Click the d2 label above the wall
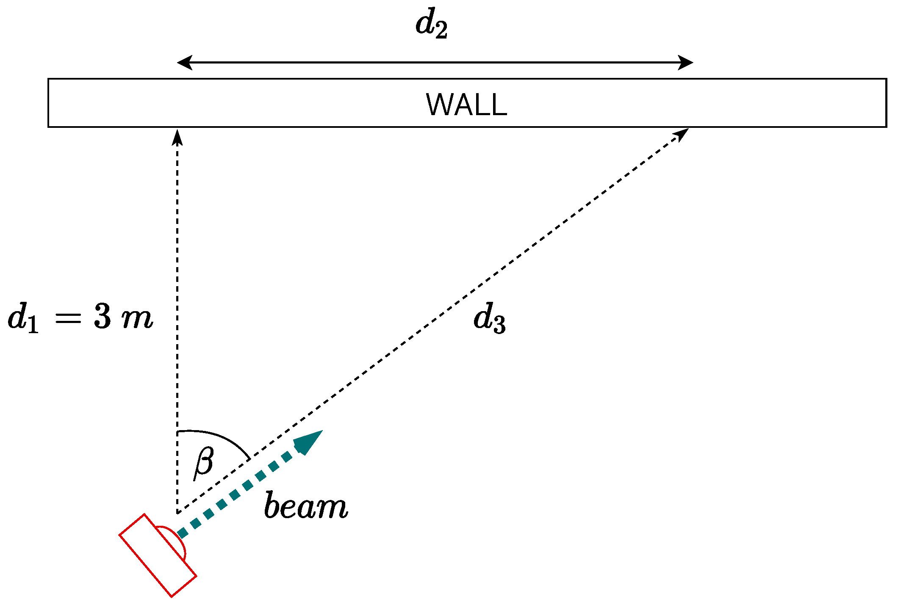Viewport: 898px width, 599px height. [x=431, y=25]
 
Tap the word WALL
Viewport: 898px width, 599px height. [x=466, y=104]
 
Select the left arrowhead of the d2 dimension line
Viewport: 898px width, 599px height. [x=185, y=63]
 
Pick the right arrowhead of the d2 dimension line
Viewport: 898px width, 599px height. [x=685, y=63]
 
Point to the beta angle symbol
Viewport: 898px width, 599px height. [x=204, y=462]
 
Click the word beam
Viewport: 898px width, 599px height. [x=306, y=505]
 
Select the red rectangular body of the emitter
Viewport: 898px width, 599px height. [x=158, y=555]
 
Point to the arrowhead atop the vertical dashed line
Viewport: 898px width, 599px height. [x=177, y=137]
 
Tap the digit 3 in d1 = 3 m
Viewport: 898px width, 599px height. [x=103, y=317]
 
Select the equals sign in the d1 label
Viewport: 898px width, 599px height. [x=68, y=317]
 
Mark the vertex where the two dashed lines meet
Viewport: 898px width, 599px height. [x=177, y=513]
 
